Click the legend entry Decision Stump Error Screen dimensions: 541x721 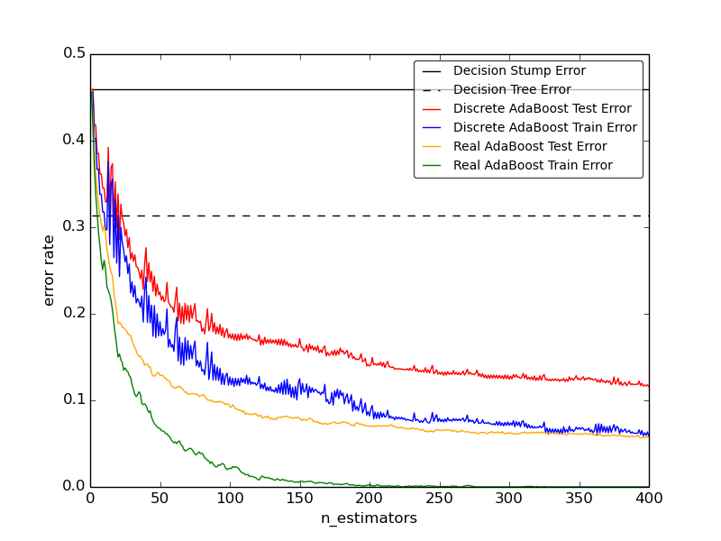pos(519,71)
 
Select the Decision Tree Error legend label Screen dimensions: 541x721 pos(512,90)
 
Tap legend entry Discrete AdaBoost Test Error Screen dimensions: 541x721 pos(543,109)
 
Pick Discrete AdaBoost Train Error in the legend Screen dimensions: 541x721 pos(545,128)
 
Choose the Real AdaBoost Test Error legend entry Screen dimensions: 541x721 pos(530,147)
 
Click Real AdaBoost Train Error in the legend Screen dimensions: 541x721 pos(533,166)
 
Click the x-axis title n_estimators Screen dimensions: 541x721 pos(369,518)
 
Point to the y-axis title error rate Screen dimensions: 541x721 pos(49,270)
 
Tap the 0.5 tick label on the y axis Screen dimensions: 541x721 pos(75,53)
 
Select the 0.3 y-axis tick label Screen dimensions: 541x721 pos(75,226)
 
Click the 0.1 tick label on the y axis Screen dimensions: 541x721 pos(75,399)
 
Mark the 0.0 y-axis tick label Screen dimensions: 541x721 pos(75,486)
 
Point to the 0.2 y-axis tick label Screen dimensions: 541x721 pos(75,313)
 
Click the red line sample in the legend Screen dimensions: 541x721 pos(433,109)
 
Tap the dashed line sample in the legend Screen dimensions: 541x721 pos(433,90)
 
